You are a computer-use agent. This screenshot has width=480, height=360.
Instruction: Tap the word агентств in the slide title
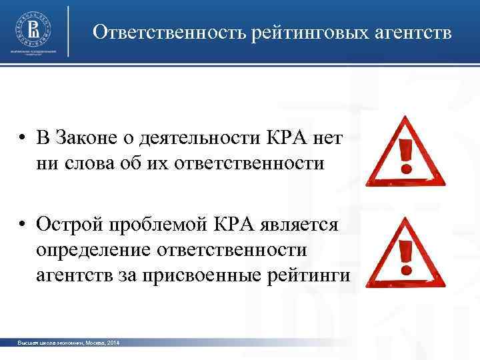click(x=412, y=32)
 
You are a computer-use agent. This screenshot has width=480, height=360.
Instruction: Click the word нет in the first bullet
click(x=323, y=138)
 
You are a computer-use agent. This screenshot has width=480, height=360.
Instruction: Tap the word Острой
click(x=69, y=225)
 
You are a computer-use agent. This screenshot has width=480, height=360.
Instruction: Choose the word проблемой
click(x=157, y=225)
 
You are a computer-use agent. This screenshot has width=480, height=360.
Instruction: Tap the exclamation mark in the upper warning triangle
click(x=404, y=156)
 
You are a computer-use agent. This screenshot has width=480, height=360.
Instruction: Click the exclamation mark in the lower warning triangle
click(x=404, y=257)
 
